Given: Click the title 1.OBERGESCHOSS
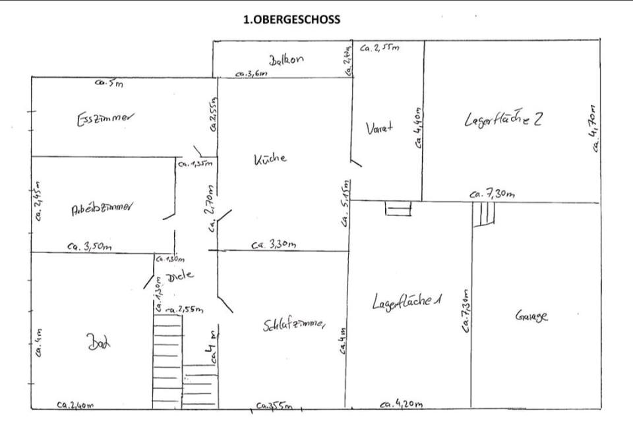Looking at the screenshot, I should click(x=291, y=20).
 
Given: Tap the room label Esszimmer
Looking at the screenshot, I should click(x=105, y=119).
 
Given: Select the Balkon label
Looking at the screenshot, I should click(x=286, y=59).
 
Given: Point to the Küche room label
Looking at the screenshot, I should click(x=270, y=159).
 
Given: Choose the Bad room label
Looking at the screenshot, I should click(x=99, y=343).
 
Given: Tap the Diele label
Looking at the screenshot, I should click(x=181, y=275).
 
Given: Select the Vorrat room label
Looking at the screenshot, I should click(x=379, y=128).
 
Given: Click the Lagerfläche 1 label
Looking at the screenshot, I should click(x=406, y=302).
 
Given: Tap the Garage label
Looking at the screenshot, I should click(x=531, y=317).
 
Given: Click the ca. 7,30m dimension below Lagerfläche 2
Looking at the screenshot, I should click(x=492, y=194).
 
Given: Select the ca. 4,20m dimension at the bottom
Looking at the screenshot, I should click(x=402, y=405).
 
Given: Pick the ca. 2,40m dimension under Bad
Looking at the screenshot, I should click(x=75, y=405).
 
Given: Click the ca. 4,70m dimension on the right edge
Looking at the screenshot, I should click(x=595, y=129).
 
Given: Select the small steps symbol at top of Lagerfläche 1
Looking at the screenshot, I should click(x=398, y=208).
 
